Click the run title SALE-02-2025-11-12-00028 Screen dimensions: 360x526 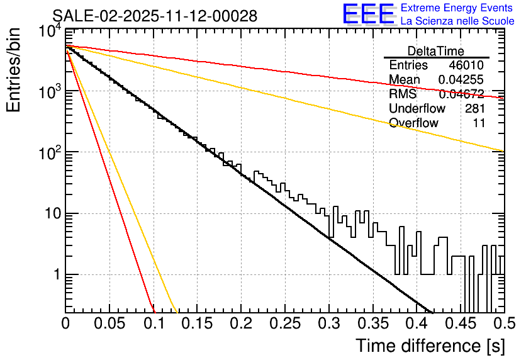coord(155,16)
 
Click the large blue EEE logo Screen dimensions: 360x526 coord(368,14)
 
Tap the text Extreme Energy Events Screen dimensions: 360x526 coord(456,8)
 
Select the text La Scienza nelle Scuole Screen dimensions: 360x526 coord(457,21)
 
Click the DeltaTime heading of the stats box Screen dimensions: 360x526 coord(435,51)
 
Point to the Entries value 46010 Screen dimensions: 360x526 coord(466,65)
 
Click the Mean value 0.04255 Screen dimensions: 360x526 coord(461,80)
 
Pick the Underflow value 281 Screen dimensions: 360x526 coord(474,108)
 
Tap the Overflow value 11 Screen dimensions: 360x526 coord(479,123)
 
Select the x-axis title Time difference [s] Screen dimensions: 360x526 coord(430,346)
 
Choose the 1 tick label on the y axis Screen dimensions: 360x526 coord(55,275)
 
